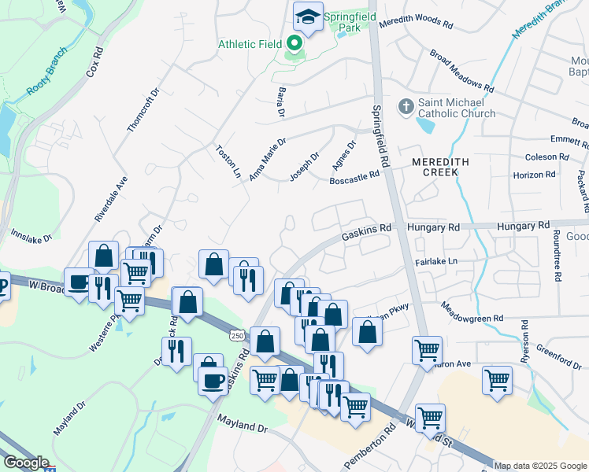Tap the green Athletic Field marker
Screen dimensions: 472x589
(x=294, y=43)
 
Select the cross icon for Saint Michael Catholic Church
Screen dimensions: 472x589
(x=406, y=106)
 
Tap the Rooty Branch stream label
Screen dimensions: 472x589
(x=46, y=79)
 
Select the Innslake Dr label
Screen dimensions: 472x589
(x=31, y=234)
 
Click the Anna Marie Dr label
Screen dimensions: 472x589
(x=267, y=159)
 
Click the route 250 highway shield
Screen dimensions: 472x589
(x=237, y=336)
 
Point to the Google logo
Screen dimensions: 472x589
(x=26, y=463)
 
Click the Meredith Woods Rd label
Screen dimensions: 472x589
(x=416, y=24)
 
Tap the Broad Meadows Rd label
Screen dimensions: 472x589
(x=461, y=71)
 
